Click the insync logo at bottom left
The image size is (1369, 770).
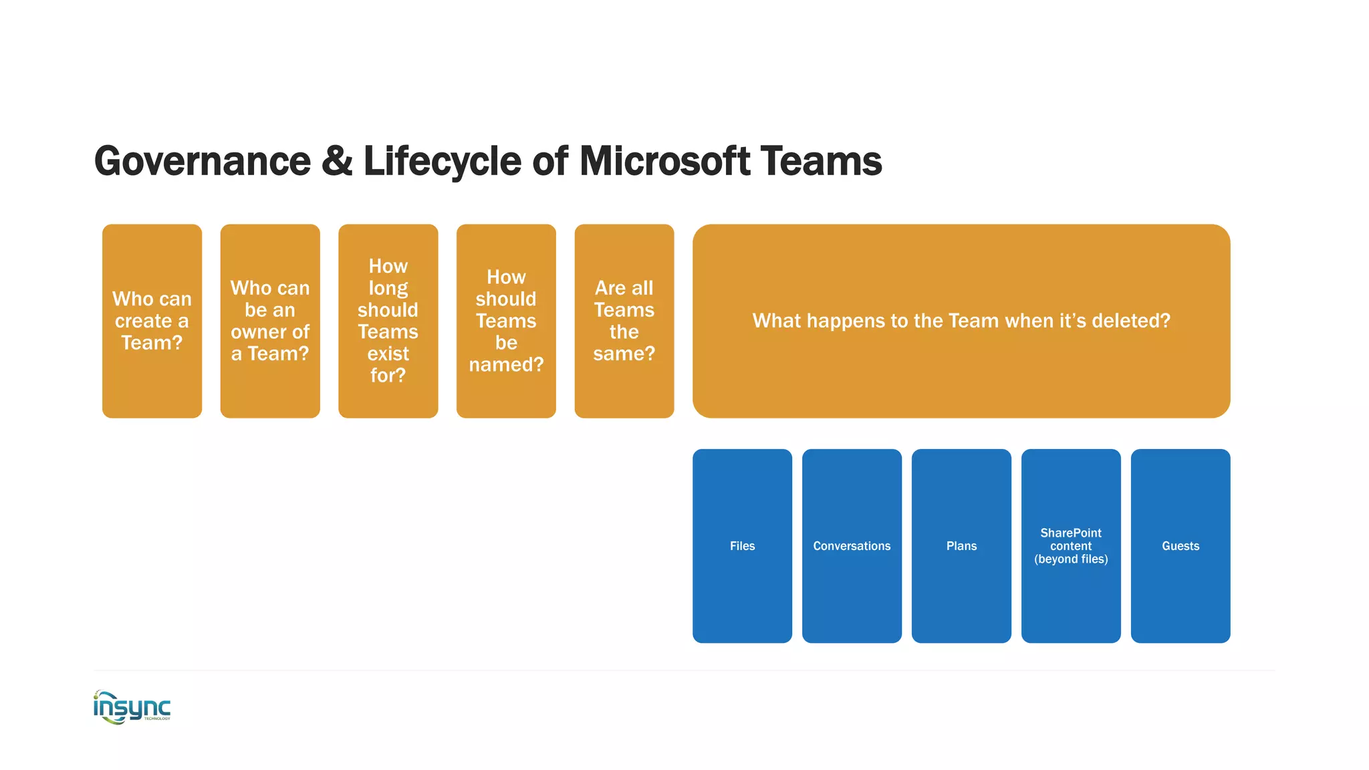click(132, 707)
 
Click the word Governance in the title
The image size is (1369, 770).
click(203, 161)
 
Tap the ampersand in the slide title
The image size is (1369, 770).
click(337, 161)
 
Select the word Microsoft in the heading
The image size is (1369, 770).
click(664, 161)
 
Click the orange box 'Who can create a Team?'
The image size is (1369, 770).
click(152, 321)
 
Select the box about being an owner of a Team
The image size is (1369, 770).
click(270, 321)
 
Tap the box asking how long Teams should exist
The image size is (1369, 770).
click(388, 321)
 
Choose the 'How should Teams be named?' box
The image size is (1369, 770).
click(506, 321)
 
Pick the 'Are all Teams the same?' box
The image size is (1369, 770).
click(624, 321)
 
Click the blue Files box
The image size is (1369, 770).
click(742, 546)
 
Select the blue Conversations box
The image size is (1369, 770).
click(852, 546)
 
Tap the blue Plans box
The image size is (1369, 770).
click(961, 546)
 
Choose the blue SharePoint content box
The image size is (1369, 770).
click(1071, 546)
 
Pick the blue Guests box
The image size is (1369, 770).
click(1180, 546)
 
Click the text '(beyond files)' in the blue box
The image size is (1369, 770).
click(1071, 559)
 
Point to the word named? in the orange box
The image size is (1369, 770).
click(506, 365)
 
